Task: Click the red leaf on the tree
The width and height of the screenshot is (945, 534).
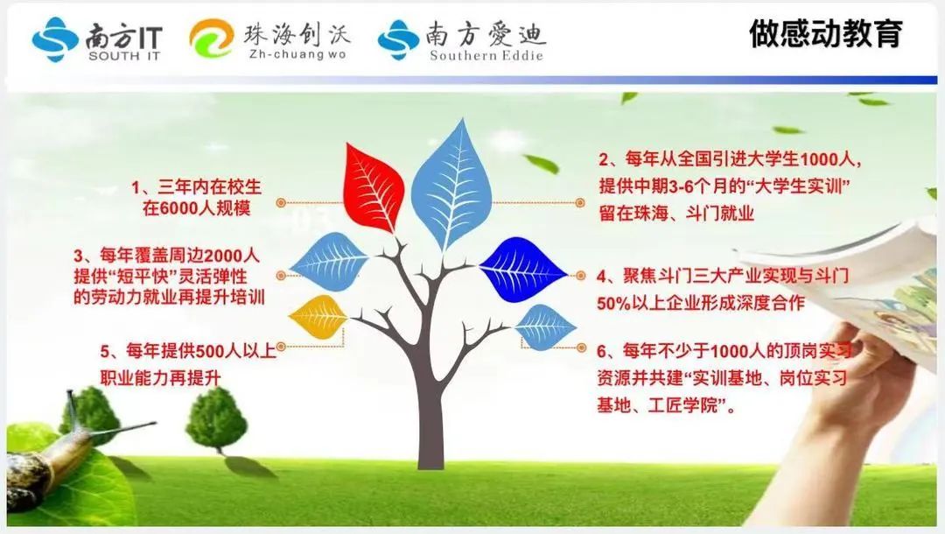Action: (373, 188)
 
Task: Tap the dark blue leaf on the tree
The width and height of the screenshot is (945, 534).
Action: (522, 269)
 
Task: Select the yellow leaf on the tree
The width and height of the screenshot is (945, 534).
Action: (318, 316)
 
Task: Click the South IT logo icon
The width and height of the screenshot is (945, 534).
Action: (55, 39)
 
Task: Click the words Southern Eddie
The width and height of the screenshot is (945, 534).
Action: (486, 55)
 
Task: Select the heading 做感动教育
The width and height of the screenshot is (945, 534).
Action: (826, 33)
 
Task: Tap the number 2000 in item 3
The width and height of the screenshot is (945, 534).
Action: (224, 256)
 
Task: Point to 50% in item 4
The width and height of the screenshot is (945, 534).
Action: (613, 303)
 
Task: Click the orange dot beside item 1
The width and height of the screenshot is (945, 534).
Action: (281, 203)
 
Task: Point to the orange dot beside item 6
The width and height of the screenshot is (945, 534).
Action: (582, 348)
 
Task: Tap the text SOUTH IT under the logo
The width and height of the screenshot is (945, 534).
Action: (124, 56)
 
